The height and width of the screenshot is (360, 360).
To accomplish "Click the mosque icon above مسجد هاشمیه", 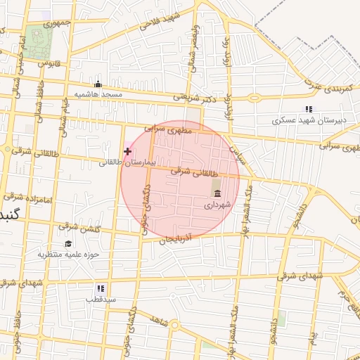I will click(x=98, y=84).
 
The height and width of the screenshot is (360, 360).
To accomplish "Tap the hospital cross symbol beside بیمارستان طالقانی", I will click(x=127, y=151).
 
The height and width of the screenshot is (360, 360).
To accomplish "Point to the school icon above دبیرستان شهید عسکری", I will click(x=308, y=109).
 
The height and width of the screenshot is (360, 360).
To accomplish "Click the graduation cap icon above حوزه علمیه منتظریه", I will click(x=68, y=244).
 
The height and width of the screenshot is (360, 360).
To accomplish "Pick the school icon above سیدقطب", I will click(x=101, y=288).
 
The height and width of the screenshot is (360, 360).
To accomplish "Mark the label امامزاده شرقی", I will click(x=28, y=198).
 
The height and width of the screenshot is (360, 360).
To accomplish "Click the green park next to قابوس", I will click(x=39, y=39).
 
